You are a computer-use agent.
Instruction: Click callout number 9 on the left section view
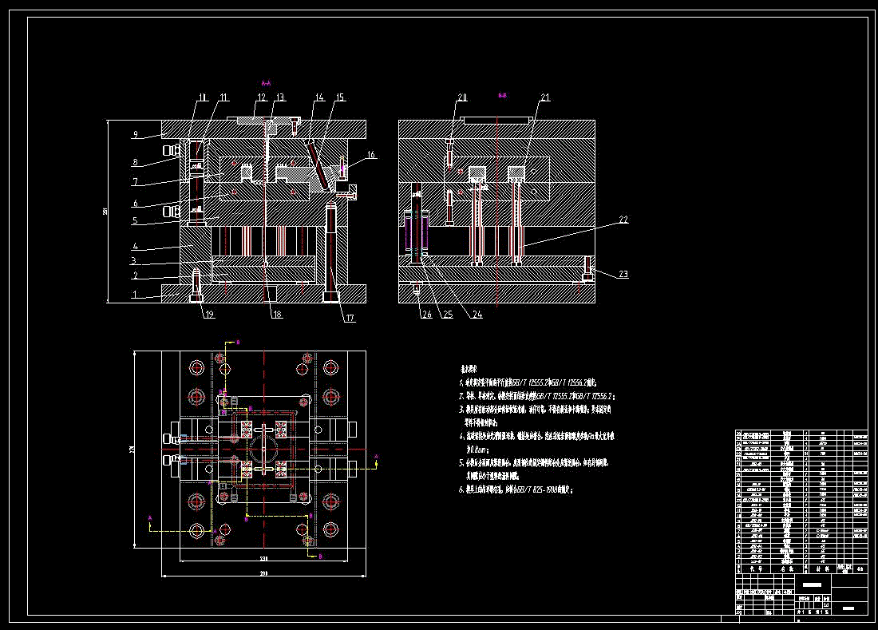pyautogui.click(x=136, y=134)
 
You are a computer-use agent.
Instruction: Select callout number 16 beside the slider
pyautogui.click(x=371, y=154)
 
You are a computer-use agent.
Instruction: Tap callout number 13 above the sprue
pyautogui.click(x=279, y=97)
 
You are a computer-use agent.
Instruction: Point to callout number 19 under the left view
pyautogui.click(x=209, y=314)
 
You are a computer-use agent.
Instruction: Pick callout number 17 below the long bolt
pyautogui.click(x=350, y=319)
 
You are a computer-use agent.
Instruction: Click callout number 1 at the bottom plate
pyautogui.click(x=135, y=295)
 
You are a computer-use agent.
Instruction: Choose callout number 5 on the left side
pyautogui.click(x=136, y=220)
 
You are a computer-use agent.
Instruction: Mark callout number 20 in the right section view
pyautogui.click(x=462, y=97)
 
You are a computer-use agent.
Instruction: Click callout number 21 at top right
pyautogui.click(x=545, y=97)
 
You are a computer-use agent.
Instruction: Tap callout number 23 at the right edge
pyautogui.click(x=623, y=274)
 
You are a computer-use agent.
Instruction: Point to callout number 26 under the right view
pyautogui.click(x=427, y=314)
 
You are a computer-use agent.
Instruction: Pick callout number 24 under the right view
pyautogui.click(x=477, y=314)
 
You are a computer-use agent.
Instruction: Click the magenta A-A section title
pyautogui.click(x=267, y=82)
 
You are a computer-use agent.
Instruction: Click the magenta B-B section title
pyautogui.click(x=502, y=95)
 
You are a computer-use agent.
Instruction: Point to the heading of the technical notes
pyautogui.click(x=472, y=370)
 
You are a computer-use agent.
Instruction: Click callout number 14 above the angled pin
pyautogui.click(x=319, y=97)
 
